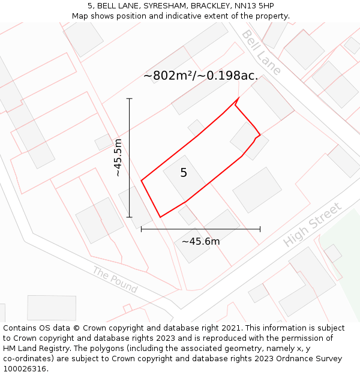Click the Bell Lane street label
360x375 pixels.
click(261, 52)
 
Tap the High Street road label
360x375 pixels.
click(312, 224)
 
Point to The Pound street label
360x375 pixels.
click(115, 280)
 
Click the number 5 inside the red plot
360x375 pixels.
click(184, 173)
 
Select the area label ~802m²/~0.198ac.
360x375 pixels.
click(200, 76)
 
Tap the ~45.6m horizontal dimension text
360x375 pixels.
click(200, 241)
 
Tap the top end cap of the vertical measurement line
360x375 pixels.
click(130, 98)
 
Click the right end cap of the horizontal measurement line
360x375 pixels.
click(260, 229)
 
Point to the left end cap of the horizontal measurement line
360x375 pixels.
click(142, 229)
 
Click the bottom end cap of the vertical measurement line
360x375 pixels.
click(130, 217)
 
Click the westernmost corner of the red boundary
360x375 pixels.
click(142, 180)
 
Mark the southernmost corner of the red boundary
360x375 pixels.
click(160, 217)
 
